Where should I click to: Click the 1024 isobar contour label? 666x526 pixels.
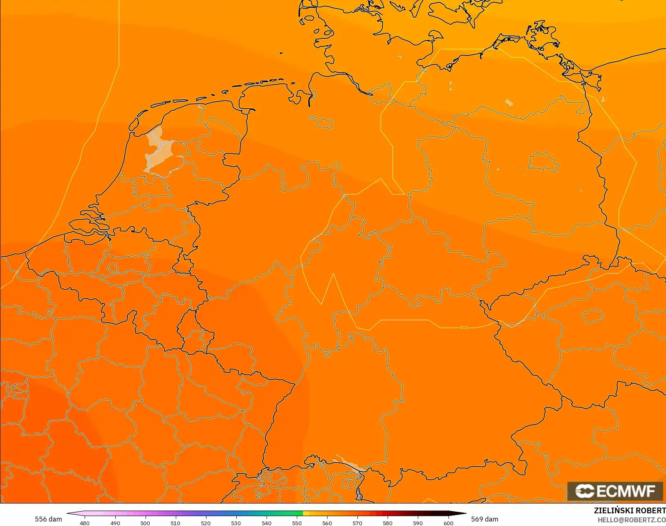click(x=464, y=328)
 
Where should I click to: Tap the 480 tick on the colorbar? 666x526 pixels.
click(x=85, y=523)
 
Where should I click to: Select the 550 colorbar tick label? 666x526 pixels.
click(x=297, y=523)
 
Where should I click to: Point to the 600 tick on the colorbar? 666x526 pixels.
click(x=448, y=523)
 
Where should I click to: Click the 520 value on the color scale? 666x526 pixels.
click(x=206, y=523)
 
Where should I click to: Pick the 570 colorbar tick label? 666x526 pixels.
click(x=357, y=523)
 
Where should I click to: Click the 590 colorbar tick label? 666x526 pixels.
click(x=418, y=523)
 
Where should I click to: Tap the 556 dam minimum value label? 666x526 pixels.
click(x=48, y=519)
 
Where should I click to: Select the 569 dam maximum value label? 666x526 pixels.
click(x=484, y=519)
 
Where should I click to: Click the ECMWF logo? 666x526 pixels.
click(x=615, y=491)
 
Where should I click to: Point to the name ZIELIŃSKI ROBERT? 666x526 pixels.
click(x=630, y=510)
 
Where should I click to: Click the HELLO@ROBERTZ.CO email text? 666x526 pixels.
click(x=632, y=520)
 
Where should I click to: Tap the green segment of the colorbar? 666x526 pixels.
click(x=282, y=513)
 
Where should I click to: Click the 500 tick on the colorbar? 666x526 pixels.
click(x=145, y=523)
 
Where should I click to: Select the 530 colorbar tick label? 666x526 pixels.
click(x=236, y=523)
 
